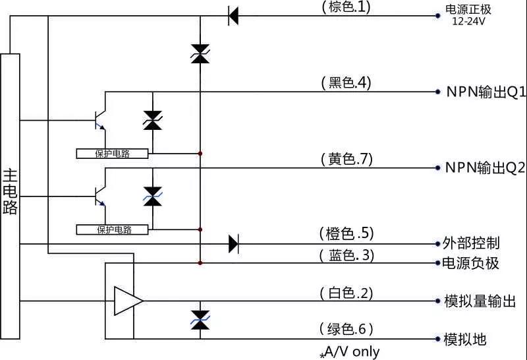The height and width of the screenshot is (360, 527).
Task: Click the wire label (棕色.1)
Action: coord(347,7)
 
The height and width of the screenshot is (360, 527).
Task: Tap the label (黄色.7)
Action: coord(347,158)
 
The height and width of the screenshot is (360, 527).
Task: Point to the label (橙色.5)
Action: coord(347,233)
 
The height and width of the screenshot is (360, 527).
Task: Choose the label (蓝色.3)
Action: coord(347,255)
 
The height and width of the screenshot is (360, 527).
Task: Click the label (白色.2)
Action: coord(347,293)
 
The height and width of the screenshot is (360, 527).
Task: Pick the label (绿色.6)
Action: coord(347,329)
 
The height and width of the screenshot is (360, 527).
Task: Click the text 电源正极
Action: coord(469,9)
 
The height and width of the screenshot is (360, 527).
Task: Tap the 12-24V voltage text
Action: coord(469,21)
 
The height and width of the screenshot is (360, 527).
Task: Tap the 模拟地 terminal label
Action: coord(465,339)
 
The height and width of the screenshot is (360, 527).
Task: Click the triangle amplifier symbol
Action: coord(127,301)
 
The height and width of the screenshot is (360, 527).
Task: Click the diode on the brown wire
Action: coord(233,15)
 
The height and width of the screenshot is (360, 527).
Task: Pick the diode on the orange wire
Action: coord(233,244)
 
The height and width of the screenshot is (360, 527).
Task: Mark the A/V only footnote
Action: coord(350,352)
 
